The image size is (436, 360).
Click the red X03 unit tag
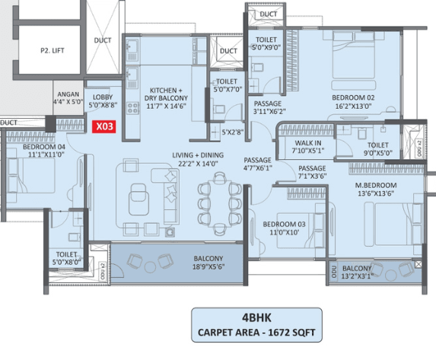104,126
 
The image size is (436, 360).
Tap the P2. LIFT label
53,51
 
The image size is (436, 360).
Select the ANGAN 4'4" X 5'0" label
68,98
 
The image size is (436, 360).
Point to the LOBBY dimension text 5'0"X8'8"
103,105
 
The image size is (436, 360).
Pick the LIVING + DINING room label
198,155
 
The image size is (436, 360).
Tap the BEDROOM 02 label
353,97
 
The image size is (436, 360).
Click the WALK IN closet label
308,143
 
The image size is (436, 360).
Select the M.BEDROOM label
376,185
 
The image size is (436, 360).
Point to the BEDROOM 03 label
284,225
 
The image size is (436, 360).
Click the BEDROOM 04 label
44,147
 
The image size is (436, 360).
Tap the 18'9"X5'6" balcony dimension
208,267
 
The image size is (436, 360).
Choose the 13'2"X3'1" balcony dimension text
357,276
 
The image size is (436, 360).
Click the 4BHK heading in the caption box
256,317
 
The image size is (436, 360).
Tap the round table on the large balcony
150,267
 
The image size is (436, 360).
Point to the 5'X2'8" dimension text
233,132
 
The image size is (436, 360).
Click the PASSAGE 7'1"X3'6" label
312,172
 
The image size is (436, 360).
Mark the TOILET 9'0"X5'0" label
378,149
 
